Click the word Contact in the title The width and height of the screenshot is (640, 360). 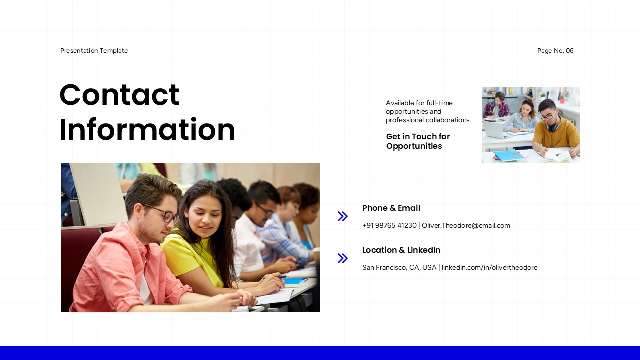tap(119, 95)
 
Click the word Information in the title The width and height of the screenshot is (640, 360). tap(147, 129)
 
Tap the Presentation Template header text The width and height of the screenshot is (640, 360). tap(94, 51)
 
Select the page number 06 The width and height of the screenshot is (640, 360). tap(569, 51)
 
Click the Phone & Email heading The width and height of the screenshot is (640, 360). tap(391, 208)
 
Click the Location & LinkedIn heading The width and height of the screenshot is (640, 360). tap(401, 250)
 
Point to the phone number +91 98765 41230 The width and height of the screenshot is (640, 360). tap(389, 225)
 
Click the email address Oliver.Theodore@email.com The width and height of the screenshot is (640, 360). tap(466, 225)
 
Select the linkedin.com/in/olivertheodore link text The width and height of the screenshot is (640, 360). tap(489, 267)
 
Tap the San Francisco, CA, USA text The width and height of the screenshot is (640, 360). tap(399, 267)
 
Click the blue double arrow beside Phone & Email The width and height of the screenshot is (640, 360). tap(343, 216)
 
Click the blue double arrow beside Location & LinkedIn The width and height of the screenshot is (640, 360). tap(343, 258)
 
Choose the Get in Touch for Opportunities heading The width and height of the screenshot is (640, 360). tap(418, 141)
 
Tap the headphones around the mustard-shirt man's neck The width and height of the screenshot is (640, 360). tap(555, 125)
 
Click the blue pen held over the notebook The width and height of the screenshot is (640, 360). tap(275, 277)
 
